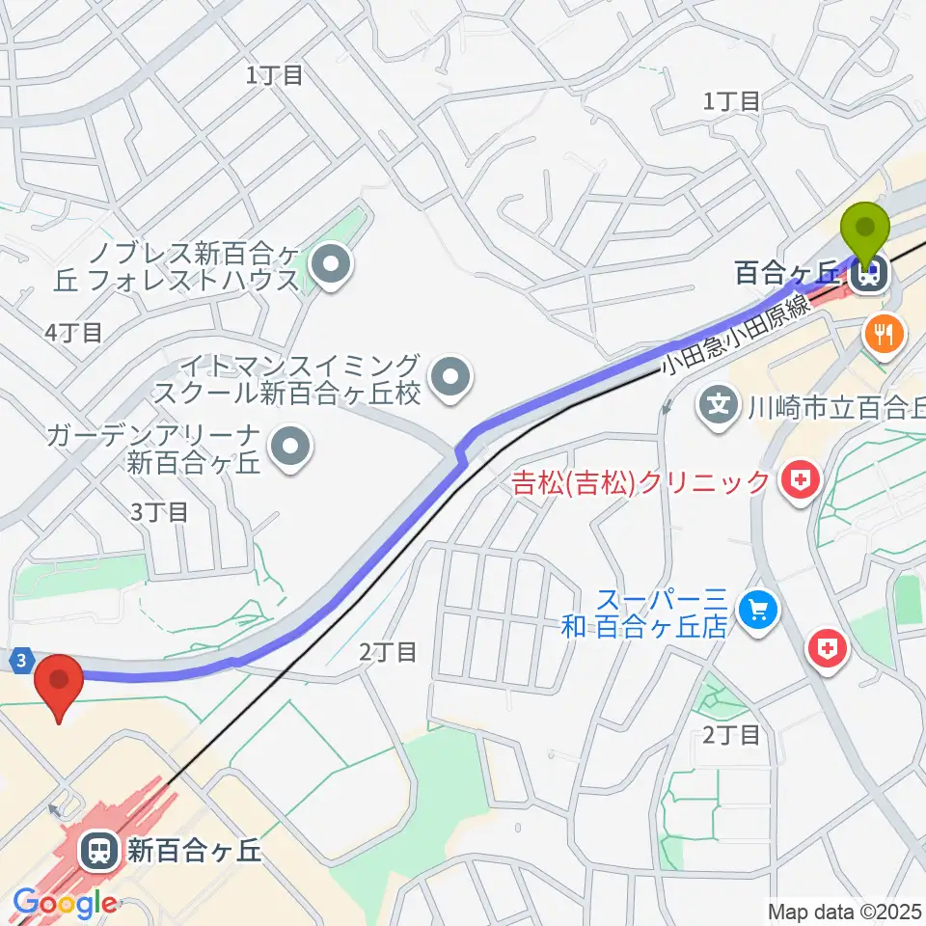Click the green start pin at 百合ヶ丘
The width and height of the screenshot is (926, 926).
coord(865,230)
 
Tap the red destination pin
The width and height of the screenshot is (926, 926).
coord(60,683)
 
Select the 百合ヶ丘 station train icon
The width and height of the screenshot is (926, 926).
coord(868,276)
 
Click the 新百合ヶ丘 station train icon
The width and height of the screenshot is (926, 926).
coord(97,850)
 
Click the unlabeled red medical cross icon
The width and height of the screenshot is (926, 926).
coord(828,649)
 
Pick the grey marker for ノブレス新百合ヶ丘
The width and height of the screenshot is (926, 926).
coord(332,262)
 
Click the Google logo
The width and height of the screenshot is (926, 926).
coord(64,904)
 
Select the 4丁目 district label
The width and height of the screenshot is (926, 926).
coord(73,334)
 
